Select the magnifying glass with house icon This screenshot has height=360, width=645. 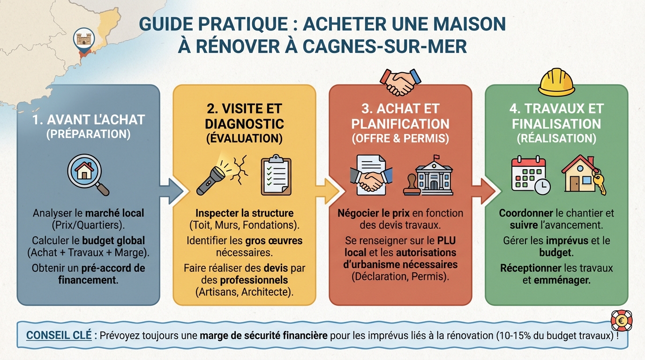(x=87, y=175)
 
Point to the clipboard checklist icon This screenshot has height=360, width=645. (x=276, y=175)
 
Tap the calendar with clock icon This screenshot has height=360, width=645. (x=530, y=175)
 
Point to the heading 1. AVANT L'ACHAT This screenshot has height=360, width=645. (x=88, y=120)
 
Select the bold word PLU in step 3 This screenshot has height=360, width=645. (x=446, y=240)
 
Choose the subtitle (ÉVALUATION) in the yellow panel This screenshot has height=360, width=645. (x=244, y=138)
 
